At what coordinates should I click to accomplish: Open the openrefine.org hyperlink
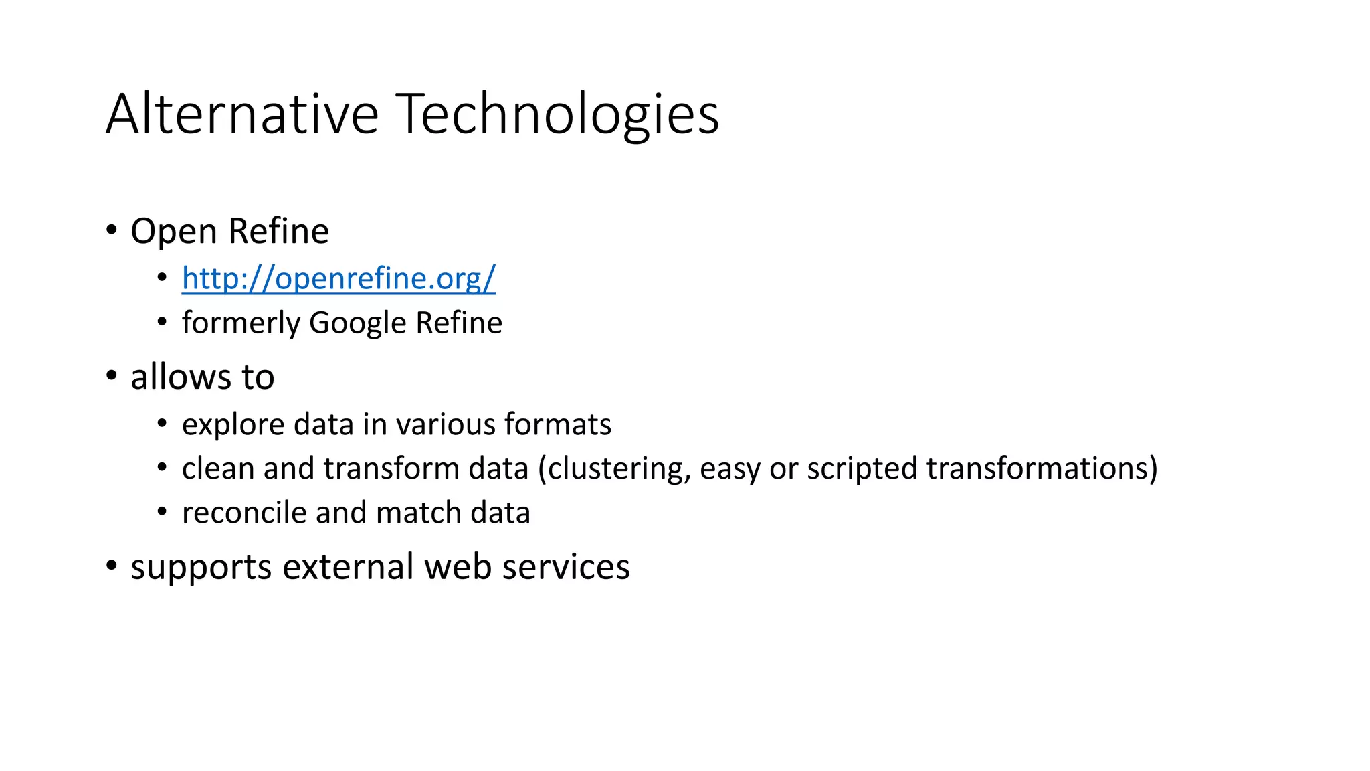(x=338, y=278)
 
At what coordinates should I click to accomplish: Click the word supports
(x=201, y=568)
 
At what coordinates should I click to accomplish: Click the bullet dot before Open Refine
(x=112, y=230)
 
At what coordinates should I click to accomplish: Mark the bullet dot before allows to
(x=112, y=376)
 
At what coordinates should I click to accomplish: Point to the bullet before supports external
(x=112, y=566)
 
